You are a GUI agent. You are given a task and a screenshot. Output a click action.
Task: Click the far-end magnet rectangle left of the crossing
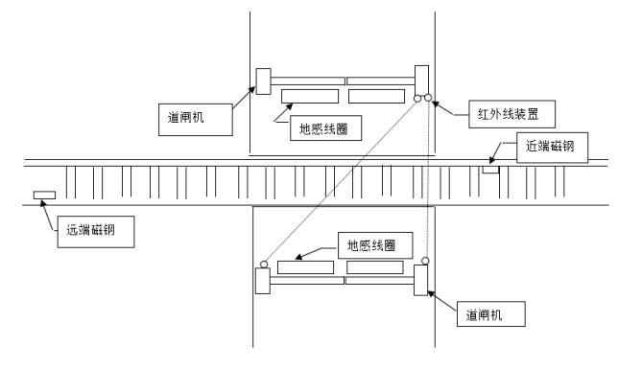coord(44,196)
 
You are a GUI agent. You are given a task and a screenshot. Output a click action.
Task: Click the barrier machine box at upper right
coord(421,79)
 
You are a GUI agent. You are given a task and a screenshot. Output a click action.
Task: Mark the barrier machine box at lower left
coord(261,281)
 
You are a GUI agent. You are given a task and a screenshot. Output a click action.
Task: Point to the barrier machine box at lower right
coord(420,281)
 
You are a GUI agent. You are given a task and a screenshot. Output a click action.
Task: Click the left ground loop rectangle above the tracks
coord(309,97)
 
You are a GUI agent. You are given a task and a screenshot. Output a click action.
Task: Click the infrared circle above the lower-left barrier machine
coord(262,262)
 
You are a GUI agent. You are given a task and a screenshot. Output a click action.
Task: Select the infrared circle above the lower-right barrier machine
coord(425,260)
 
